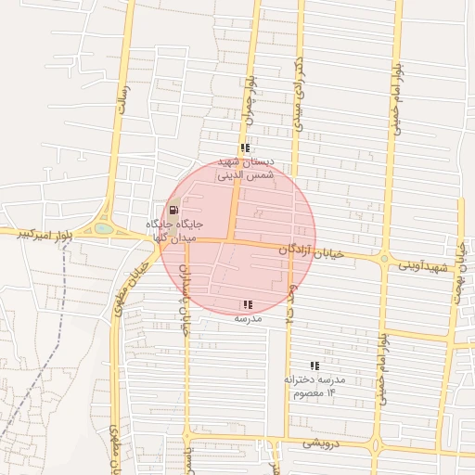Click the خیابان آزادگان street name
(312, 250)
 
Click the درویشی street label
(321, 443)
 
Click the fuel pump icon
(175, 210)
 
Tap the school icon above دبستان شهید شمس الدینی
(245, 148)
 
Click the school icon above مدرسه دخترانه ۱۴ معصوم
(314, 366)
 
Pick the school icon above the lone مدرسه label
(247, 304)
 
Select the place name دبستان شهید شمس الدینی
(245, 167)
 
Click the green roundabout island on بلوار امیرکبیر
(104, 228)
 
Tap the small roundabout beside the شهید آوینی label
(383, 260)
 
